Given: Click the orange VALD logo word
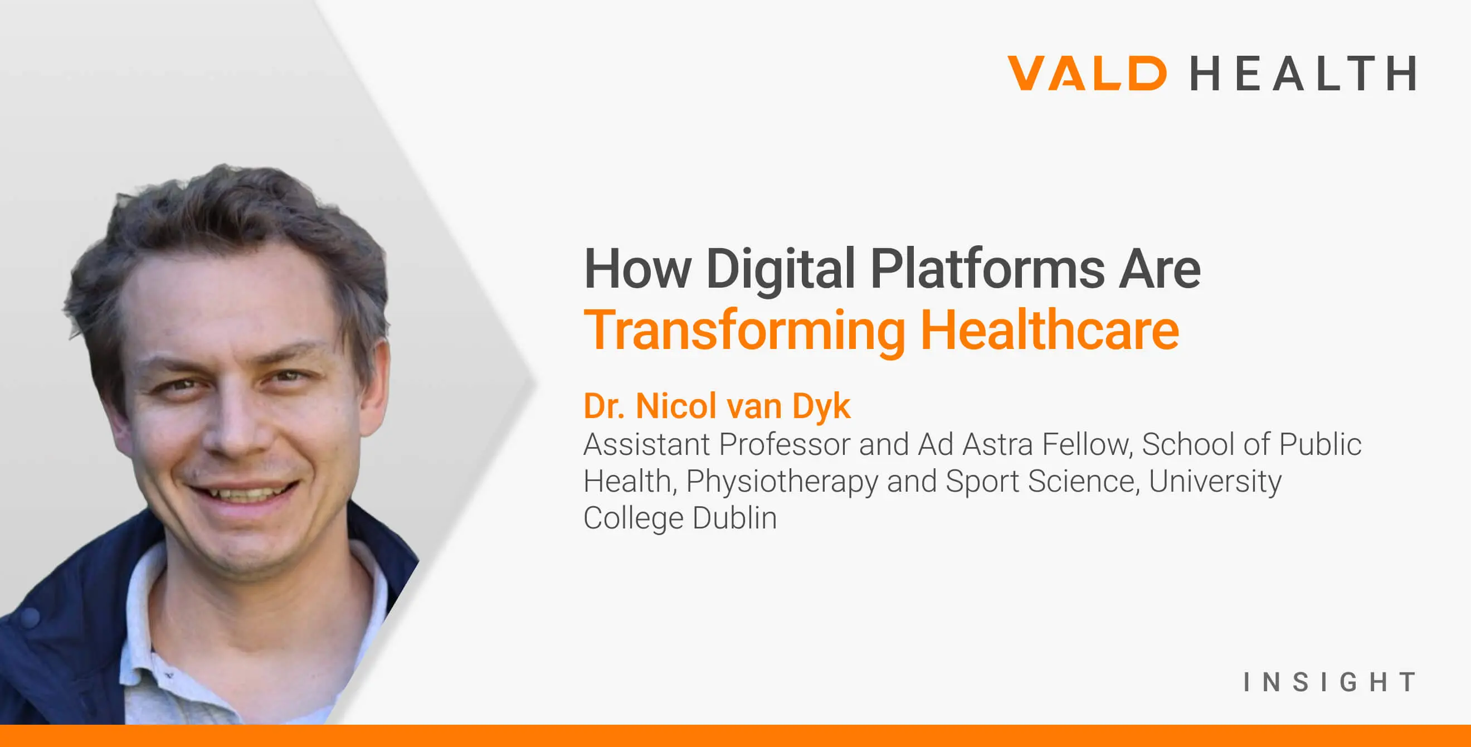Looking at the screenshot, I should [1087, 73].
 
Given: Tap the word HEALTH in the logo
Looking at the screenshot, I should [1303, 73].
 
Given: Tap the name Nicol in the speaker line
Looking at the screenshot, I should [676, 406].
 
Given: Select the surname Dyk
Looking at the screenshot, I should [821, 407].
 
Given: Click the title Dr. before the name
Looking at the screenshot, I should [604, 406].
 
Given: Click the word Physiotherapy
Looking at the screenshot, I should [782, 482].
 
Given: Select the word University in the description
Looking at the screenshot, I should [1215, 482].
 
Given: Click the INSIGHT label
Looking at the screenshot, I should [1330, 682].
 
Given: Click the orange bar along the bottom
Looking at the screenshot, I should [736, 736].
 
